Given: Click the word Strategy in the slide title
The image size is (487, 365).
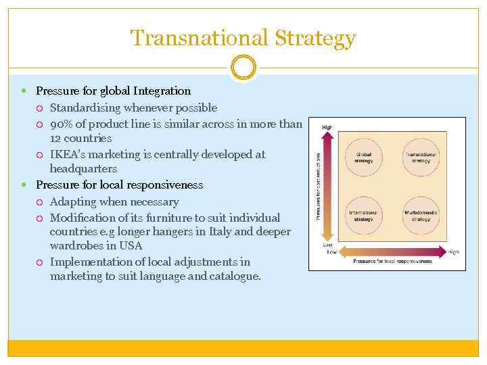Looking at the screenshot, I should [315, 38].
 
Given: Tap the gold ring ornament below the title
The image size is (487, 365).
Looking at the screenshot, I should [243, 68].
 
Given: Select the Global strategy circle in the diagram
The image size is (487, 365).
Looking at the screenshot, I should [363, 157].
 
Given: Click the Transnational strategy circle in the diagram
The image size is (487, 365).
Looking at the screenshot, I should [421, 157].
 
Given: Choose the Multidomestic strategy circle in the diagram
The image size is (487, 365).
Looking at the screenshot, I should [421, 216].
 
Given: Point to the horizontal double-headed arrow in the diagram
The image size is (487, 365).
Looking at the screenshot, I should [392, 252].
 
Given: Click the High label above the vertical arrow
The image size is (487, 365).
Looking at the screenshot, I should [327, 127].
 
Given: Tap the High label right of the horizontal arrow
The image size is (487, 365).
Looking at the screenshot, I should [453, 252].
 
